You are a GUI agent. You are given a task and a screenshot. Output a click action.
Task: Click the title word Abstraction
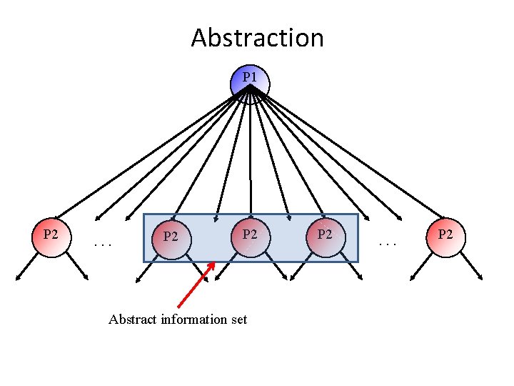(257, 38)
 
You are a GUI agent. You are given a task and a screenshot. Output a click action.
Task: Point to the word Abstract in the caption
(133, 320)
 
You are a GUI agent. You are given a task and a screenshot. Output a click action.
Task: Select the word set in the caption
(238, 320)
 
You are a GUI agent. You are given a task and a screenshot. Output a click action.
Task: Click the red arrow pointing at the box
(195, 285)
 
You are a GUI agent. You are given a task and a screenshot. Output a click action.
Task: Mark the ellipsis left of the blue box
(104, 244)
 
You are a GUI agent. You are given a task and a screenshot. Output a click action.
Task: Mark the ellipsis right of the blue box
(389, 244)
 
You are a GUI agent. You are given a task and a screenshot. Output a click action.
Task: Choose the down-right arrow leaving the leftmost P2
(76, 267)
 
